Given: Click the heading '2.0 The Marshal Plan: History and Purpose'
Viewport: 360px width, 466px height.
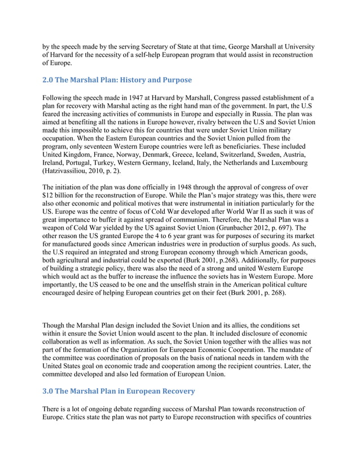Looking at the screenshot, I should (x=117, y=80).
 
